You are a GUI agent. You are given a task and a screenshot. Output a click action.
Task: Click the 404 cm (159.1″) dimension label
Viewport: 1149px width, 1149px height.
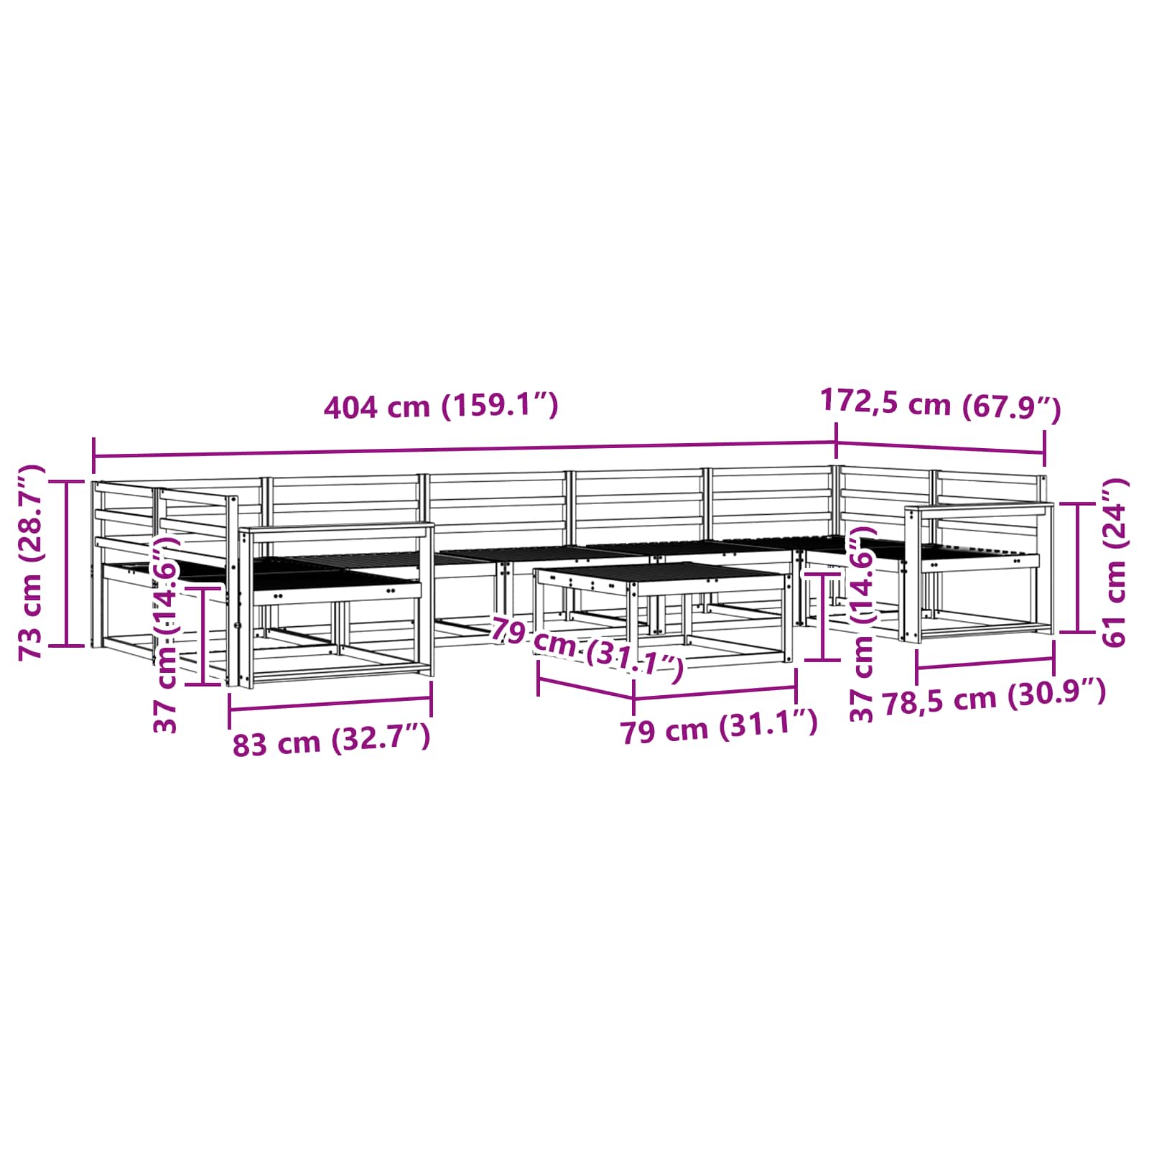coord(441,406)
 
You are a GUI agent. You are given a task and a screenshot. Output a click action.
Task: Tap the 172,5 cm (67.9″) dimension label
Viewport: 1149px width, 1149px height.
coord(940,404)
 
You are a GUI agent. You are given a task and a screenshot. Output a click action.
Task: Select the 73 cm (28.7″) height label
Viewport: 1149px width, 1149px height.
coord(32,562)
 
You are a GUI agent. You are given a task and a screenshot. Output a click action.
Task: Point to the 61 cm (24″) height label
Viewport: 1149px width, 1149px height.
coord(1114,562)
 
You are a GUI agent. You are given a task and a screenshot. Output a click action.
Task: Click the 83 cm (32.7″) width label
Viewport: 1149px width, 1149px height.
coord(331,740)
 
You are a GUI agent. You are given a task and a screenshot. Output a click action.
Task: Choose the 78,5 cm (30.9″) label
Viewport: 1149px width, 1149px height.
coord(994,697)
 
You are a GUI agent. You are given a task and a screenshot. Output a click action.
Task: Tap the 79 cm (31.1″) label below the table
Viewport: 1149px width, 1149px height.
coord(719,727)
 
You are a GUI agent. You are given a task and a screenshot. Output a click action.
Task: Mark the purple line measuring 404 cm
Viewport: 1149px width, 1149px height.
coord(465,450)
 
